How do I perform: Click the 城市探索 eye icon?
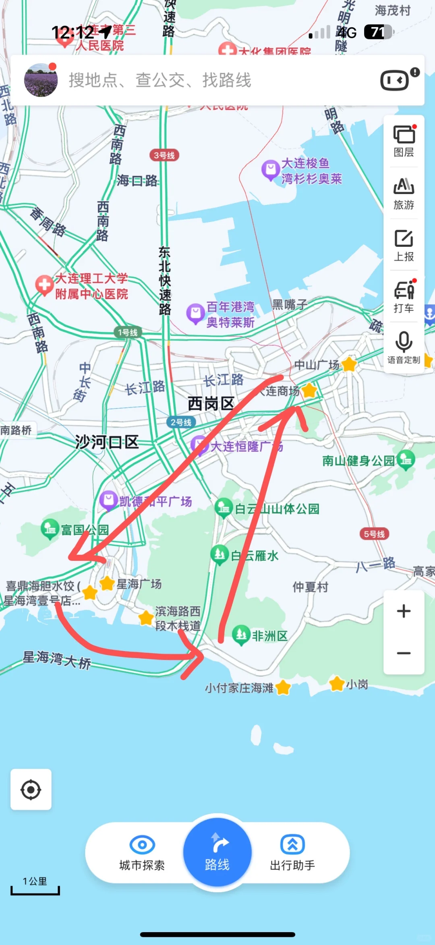point(142,844)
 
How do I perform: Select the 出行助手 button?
point(292,852)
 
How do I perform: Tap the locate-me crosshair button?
point(31,790)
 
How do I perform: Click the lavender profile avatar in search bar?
point(41,80)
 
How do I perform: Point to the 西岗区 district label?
point(211,403)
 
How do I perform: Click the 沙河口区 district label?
point(107,442)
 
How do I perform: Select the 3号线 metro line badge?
point(164,155)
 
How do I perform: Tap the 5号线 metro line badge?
point(374,534)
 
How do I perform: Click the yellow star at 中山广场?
point(349,364)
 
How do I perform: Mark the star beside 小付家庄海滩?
point(283,687)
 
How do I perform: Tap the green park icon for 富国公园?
point(50,528)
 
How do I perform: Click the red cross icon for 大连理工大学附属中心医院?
point(44,285)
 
